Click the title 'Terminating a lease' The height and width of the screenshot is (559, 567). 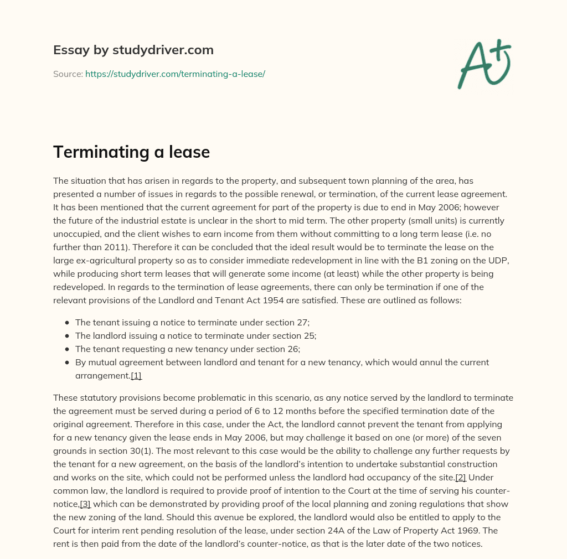pyautogui.click(x=131, y=152)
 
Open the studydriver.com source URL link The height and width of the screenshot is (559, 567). pyautogui.click(x=175, y=74)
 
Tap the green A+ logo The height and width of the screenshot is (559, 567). pyautogui.click(x=483, y=64)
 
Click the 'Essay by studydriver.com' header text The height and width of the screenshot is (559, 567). pyautogui.click(x=133, y=50)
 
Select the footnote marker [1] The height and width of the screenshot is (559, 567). pyautogui.click(x=136, y=376)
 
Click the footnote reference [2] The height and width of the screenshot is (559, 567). pyautogui.click(x=460, y=477)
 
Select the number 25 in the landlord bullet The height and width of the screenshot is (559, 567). pyautogui.click(x=311, y=335)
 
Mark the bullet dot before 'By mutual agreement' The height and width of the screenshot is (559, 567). pyautogui.click(x=67, y=363)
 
